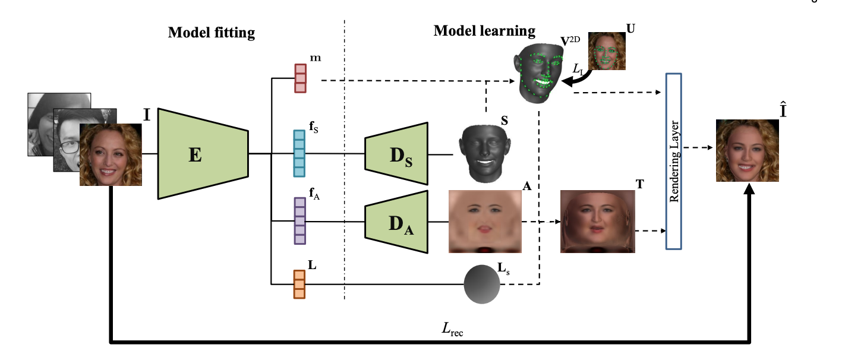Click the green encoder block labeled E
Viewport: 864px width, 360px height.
(x=202, y=154)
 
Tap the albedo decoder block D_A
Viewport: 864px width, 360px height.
(x=396, y=222)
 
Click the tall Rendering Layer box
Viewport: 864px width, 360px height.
(x=673, y=160)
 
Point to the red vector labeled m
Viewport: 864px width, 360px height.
(x=301, y=78)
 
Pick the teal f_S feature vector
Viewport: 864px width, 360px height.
(x=299, y=154)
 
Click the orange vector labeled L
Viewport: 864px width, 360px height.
(x=299, y=285)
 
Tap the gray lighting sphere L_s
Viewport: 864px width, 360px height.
(x=481, y=285)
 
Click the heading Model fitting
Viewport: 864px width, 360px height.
(x=211, y=33)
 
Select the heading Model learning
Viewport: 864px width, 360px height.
(x=484, y=31)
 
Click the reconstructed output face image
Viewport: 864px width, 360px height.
(x=747, y=151)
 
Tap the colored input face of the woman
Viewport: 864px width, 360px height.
(x=111, y=154)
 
